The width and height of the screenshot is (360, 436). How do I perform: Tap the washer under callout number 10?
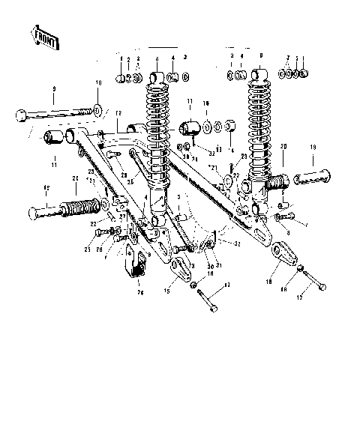[98, 109]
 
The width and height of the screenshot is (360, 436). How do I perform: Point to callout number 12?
[118, 112]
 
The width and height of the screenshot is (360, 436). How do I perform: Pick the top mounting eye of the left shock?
[157, 77]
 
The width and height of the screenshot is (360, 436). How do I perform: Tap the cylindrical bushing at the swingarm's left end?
[54, 138]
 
